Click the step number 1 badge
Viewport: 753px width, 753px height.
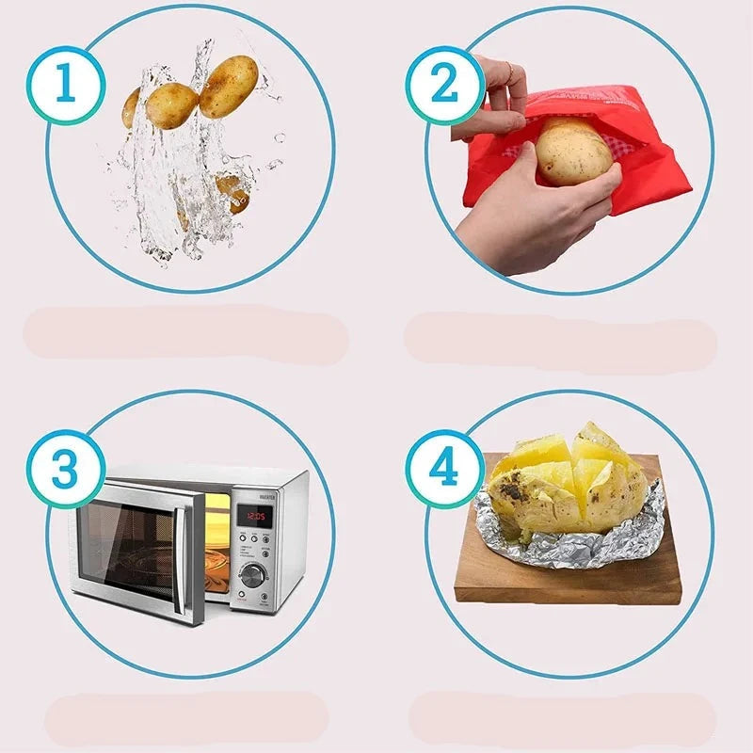(x=64, y=86)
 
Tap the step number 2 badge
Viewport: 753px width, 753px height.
(x=444, y=86)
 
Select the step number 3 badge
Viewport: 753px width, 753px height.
(x=64, y=468)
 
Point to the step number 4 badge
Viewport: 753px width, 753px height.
(x=444, y=468)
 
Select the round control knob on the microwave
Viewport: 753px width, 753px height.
(x=251, y=575)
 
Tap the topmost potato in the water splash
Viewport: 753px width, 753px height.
(x=228, y=87)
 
